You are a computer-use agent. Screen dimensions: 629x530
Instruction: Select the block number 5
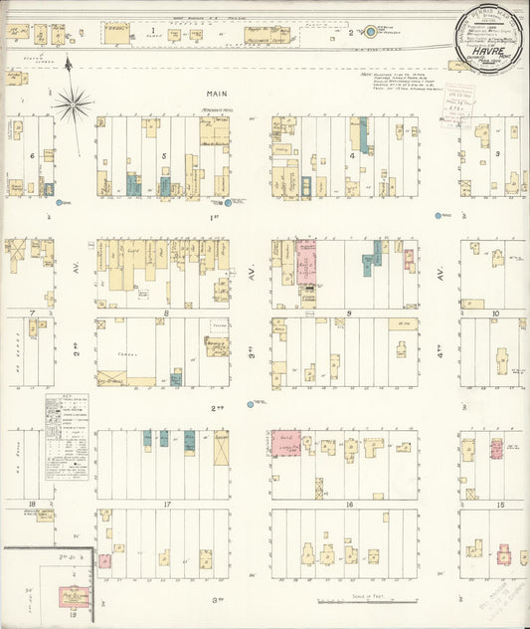[163, 156]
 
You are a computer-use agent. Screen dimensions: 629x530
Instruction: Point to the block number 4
[353, 156]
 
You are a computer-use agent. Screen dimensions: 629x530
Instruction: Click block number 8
[166, 313]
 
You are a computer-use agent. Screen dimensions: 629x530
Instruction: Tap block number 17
[167, 505]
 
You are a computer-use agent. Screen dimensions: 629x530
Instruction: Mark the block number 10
[494, 313]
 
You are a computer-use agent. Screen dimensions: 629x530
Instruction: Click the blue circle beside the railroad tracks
[370, 32]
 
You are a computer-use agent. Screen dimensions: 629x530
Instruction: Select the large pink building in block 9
[305, 263]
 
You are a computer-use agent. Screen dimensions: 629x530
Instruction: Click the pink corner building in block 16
[286, 443]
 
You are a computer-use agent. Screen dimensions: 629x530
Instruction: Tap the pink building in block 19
[74, 597]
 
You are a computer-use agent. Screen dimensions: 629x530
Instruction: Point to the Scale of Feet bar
[367, 601]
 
